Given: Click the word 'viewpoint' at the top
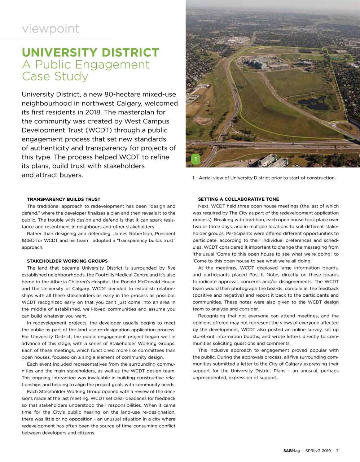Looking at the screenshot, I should [x=51, y=29].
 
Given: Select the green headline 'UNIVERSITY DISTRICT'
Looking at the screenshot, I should [x=90, y=53].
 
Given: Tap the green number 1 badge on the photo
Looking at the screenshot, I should [x=195, y=159].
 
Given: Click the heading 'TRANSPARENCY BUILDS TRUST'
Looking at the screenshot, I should [x=63, y=199].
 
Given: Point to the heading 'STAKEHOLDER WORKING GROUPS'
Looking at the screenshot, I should [x=67, y=261].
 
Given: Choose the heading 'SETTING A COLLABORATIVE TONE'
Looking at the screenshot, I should [x=238, y=199].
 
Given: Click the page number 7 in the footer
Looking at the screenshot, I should [x=337, y=450].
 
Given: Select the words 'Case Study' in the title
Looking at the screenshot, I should [x=55, y=76].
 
